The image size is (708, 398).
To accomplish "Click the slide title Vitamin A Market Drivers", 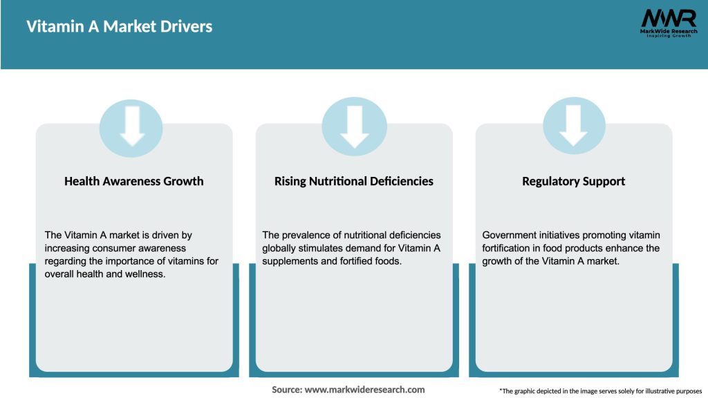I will coord(120,27).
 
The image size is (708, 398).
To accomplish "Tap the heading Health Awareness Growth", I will coord(134,181).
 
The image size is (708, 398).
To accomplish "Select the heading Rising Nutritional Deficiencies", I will coord(353,181).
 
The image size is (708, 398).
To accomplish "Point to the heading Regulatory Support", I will coord(573,181).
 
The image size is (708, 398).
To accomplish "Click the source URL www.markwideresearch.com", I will coord(364,390).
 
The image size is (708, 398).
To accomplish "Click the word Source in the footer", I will coord(286,390).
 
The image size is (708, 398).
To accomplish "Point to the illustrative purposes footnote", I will coord(600,391).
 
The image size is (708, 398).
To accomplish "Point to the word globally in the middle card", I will coord(282,248).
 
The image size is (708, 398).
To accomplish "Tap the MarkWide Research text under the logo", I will coord(668,31).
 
